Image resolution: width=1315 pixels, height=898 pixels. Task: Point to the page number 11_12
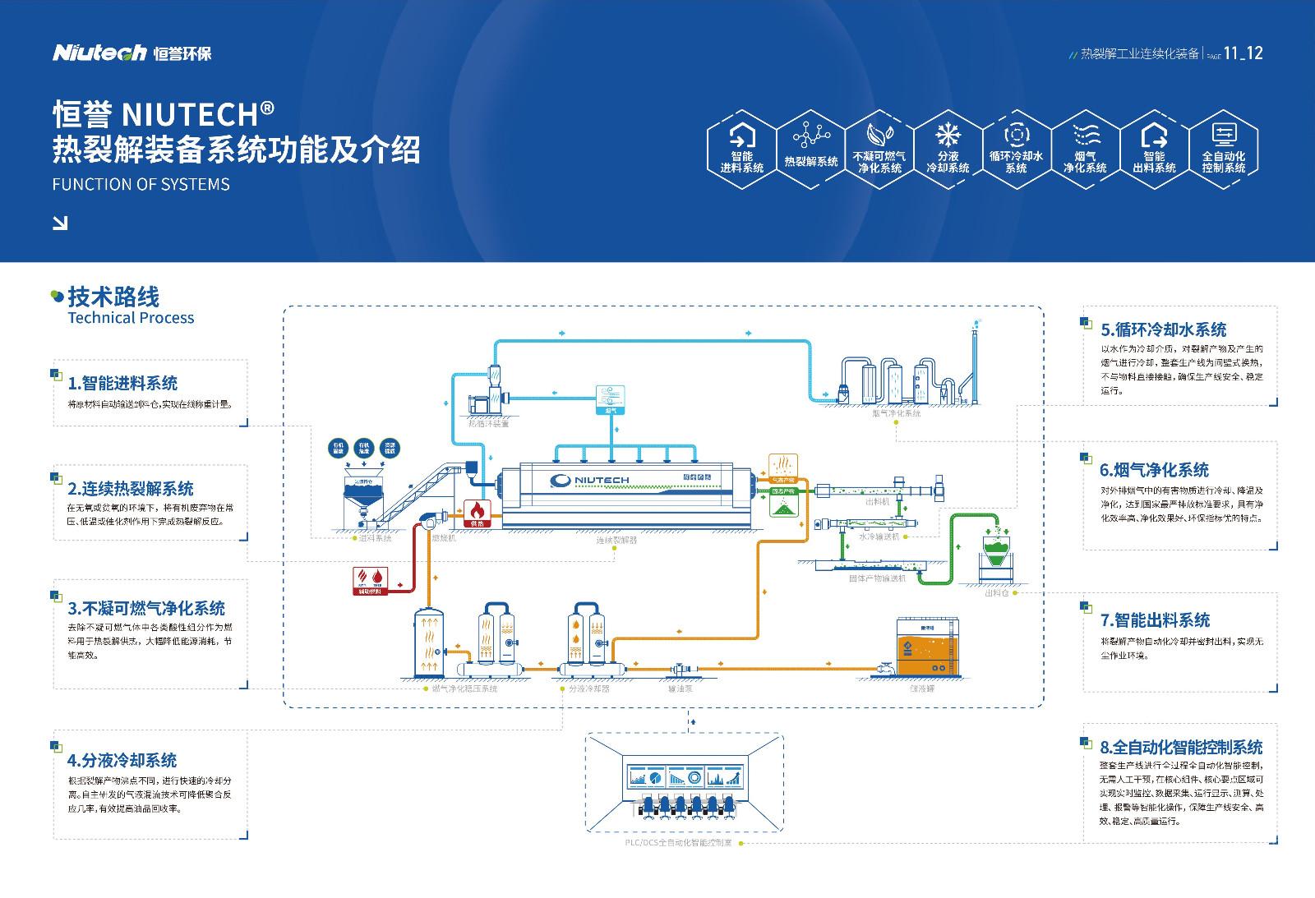(1243, 53)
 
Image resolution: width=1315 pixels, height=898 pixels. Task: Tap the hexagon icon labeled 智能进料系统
(742, 150)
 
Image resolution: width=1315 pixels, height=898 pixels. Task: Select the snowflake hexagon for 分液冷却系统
(948, 150)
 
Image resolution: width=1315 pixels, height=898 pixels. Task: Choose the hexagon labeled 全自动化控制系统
(1223, 150)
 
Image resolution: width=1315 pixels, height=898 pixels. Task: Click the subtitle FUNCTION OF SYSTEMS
(141, 184)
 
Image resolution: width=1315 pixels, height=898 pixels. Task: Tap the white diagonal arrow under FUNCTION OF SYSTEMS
(60, 223)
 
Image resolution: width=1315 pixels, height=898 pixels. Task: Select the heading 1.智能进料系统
(122, 383)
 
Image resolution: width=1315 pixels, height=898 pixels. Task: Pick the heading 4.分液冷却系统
(122, 760)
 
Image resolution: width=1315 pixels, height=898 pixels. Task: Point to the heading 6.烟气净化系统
(1154, 470)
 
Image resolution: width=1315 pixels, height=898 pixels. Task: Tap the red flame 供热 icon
(478, 513)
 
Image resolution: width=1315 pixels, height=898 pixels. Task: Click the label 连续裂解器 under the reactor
(616, 540)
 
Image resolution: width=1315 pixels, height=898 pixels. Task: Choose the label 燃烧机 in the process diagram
(443, 539)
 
